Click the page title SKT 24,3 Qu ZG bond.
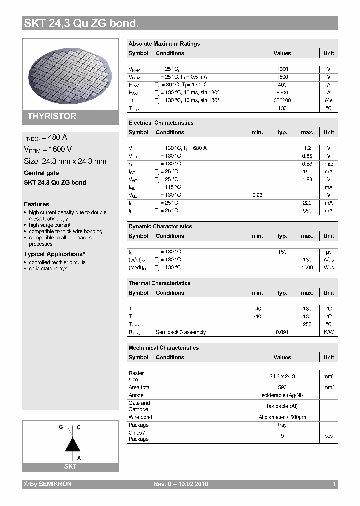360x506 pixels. tap(81, 23)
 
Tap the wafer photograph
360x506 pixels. tap(70, 73)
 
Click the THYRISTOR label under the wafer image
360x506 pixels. tap(52, 116)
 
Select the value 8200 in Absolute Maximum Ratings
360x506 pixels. tap(282, 93)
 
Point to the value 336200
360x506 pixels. tap(282, 100)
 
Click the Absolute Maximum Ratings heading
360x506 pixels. tap(164, 44)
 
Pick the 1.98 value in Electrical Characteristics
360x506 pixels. tap(307, 179)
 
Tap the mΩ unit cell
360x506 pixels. tap(328, 164)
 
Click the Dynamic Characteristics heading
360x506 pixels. tap(160, 226)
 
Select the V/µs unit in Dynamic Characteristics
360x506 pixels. tap(328, 267)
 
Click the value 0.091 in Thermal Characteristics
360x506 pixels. tap(282, 332)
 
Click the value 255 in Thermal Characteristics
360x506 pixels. tap(307, 324)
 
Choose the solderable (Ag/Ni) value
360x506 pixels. tap(282, 395)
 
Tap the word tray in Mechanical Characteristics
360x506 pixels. tap(282, 425)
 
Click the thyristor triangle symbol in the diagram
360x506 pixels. tap(73, 444)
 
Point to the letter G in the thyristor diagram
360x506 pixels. tap(61, 428)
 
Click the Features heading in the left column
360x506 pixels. tap(36, 204)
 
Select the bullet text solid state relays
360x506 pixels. tap(48, 269)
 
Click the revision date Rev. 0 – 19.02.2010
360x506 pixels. tap(180, 484)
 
